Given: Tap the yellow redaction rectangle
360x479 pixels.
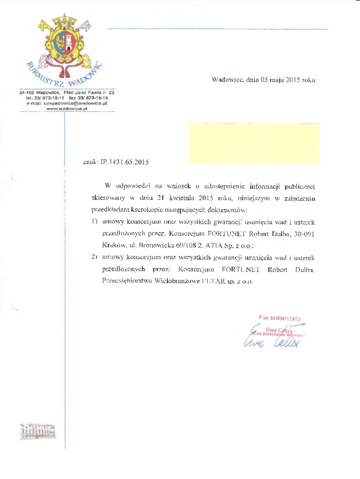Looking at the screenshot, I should point(254,143).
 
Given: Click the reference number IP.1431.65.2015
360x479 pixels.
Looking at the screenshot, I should point(125,162).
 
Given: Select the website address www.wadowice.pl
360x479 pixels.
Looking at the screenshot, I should point(67,108).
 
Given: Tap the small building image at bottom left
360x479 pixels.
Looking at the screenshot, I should point(37,431).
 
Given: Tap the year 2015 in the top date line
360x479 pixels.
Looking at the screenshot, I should point(292,80).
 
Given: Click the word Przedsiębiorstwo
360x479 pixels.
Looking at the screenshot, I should point(126,281).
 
